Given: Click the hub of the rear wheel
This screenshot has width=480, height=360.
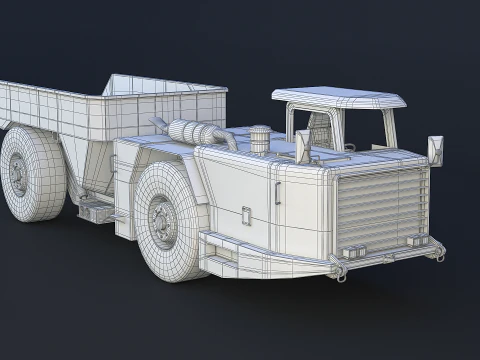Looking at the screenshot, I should pos(20,174).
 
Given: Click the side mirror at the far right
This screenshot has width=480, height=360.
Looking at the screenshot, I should pos(436,149).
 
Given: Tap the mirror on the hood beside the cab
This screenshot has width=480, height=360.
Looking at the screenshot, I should pos(302,146).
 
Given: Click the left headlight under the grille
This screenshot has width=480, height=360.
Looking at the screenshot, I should pos(351,249).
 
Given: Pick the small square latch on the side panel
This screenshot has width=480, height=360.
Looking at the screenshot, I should pos(246,213).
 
